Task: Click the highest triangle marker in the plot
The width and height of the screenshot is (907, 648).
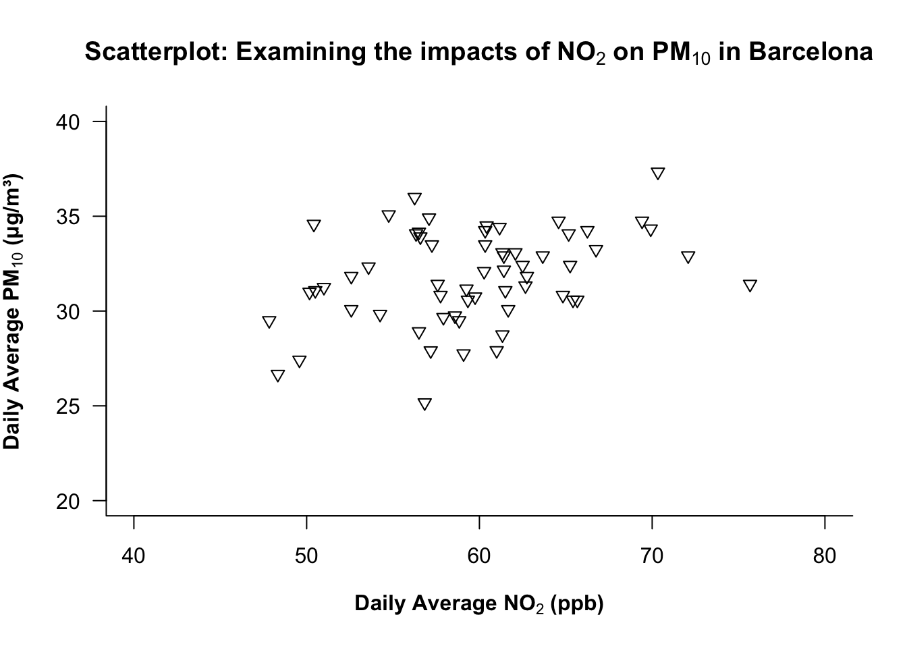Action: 658,173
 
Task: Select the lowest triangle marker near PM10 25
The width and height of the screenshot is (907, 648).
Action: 424,404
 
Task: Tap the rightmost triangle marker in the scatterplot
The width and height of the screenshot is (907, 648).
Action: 750,285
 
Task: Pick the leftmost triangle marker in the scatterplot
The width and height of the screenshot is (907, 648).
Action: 269,321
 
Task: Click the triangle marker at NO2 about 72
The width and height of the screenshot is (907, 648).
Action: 688,256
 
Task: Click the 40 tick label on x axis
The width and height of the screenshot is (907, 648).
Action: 134,556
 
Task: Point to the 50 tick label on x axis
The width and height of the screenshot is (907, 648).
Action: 306,556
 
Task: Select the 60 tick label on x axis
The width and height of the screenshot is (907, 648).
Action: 479,556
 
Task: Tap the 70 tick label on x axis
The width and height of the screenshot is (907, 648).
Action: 652,556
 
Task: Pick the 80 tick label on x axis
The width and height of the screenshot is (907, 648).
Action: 825,556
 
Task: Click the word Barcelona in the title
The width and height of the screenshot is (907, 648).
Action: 810,52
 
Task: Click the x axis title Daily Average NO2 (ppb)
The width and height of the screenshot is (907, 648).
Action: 479,603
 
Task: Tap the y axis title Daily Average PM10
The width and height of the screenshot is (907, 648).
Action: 13,311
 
